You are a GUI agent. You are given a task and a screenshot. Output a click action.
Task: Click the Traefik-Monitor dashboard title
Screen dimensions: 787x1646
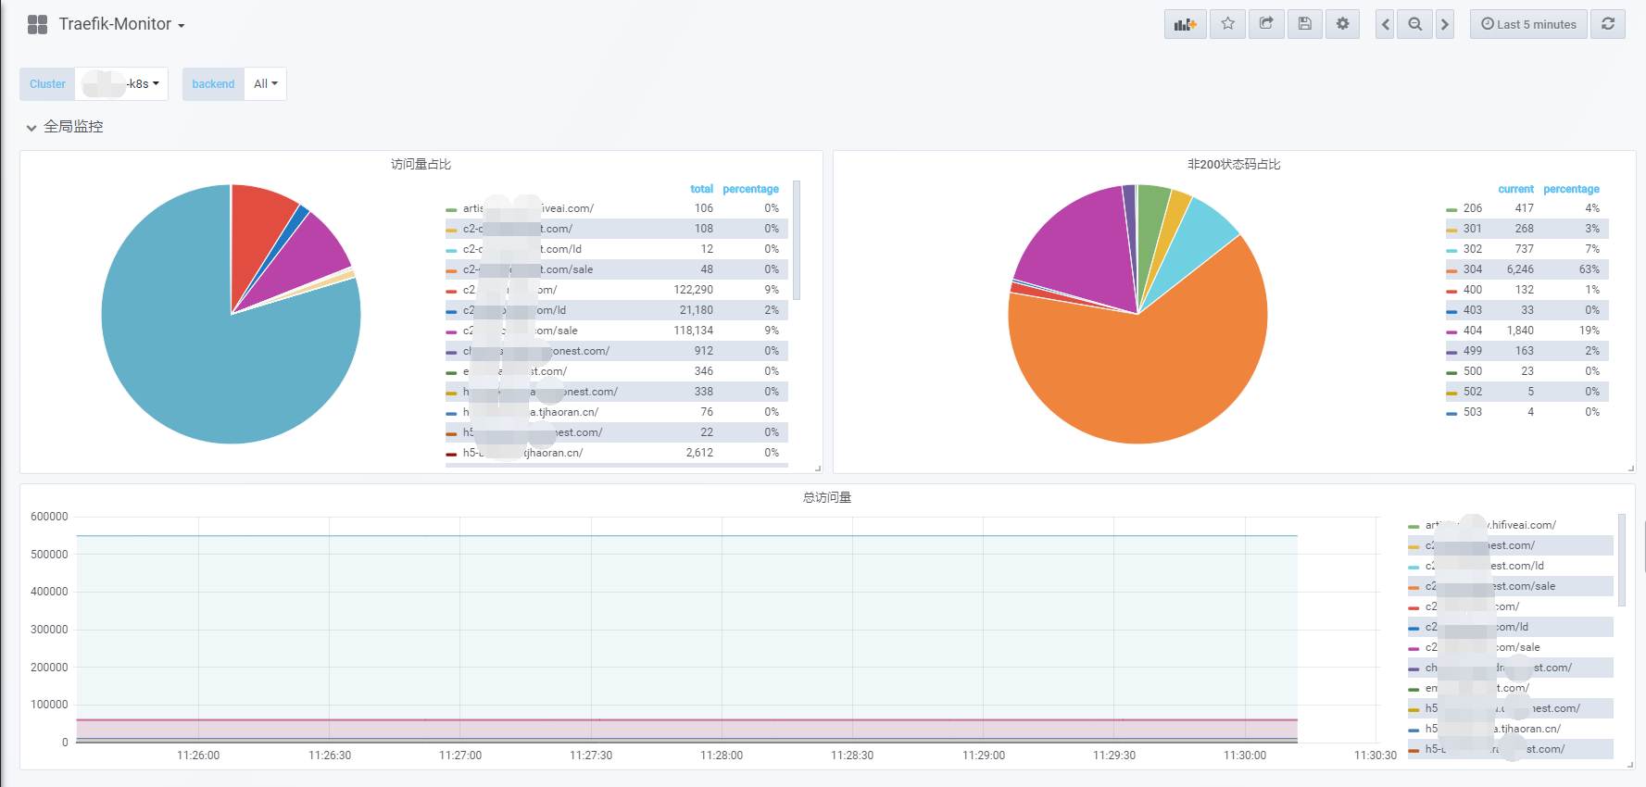(115, 24)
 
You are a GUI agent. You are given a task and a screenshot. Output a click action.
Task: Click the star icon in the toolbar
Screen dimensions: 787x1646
(1227, 24)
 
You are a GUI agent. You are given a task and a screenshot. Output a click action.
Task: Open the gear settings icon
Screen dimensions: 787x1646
(1342, 24)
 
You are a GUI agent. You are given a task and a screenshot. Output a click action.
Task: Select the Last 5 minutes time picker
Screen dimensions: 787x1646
(1528, 24)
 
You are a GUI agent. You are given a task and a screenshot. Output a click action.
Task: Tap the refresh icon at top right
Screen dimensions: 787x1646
(1608, 24)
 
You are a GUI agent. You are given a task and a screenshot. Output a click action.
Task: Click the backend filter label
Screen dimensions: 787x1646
(213, 84)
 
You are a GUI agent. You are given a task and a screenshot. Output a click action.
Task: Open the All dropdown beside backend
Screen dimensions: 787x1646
(266, 84)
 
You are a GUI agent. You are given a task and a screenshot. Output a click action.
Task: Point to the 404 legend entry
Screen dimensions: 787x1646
(1473, 331)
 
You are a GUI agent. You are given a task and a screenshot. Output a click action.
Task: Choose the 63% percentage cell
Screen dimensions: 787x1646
(1589, 269)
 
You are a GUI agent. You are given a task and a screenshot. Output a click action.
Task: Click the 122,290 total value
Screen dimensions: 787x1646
(693, 290)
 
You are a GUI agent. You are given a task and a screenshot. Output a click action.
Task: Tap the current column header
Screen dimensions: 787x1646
(1515, 189)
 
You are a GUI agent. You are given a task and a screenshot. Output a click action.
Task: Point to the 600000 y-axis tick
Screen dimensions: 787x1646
(49, 517)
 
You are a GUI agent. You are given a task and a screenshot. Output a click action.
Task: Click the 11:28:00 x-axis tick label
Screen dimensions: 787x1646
(722, 756)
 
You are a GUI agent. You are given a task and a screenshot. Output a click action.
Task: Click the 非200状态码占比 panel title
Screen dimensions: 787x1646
(1234, 164)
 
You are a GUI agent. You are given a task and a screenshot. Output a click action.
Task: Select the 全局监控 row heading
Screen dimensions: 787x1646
(73, 127)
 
